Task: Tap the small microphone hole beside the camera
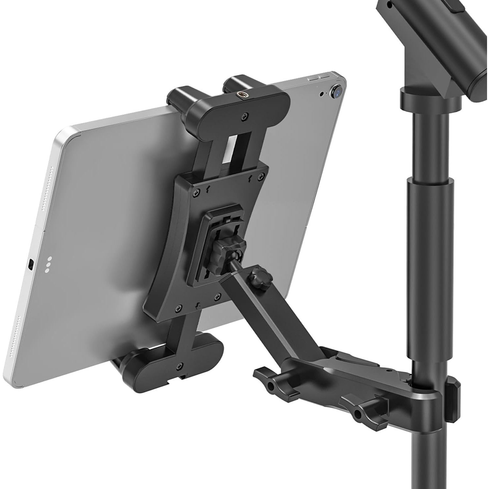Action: (x=322, y=94)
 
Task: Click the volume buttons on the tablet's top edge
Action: (x=318, y=79)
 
